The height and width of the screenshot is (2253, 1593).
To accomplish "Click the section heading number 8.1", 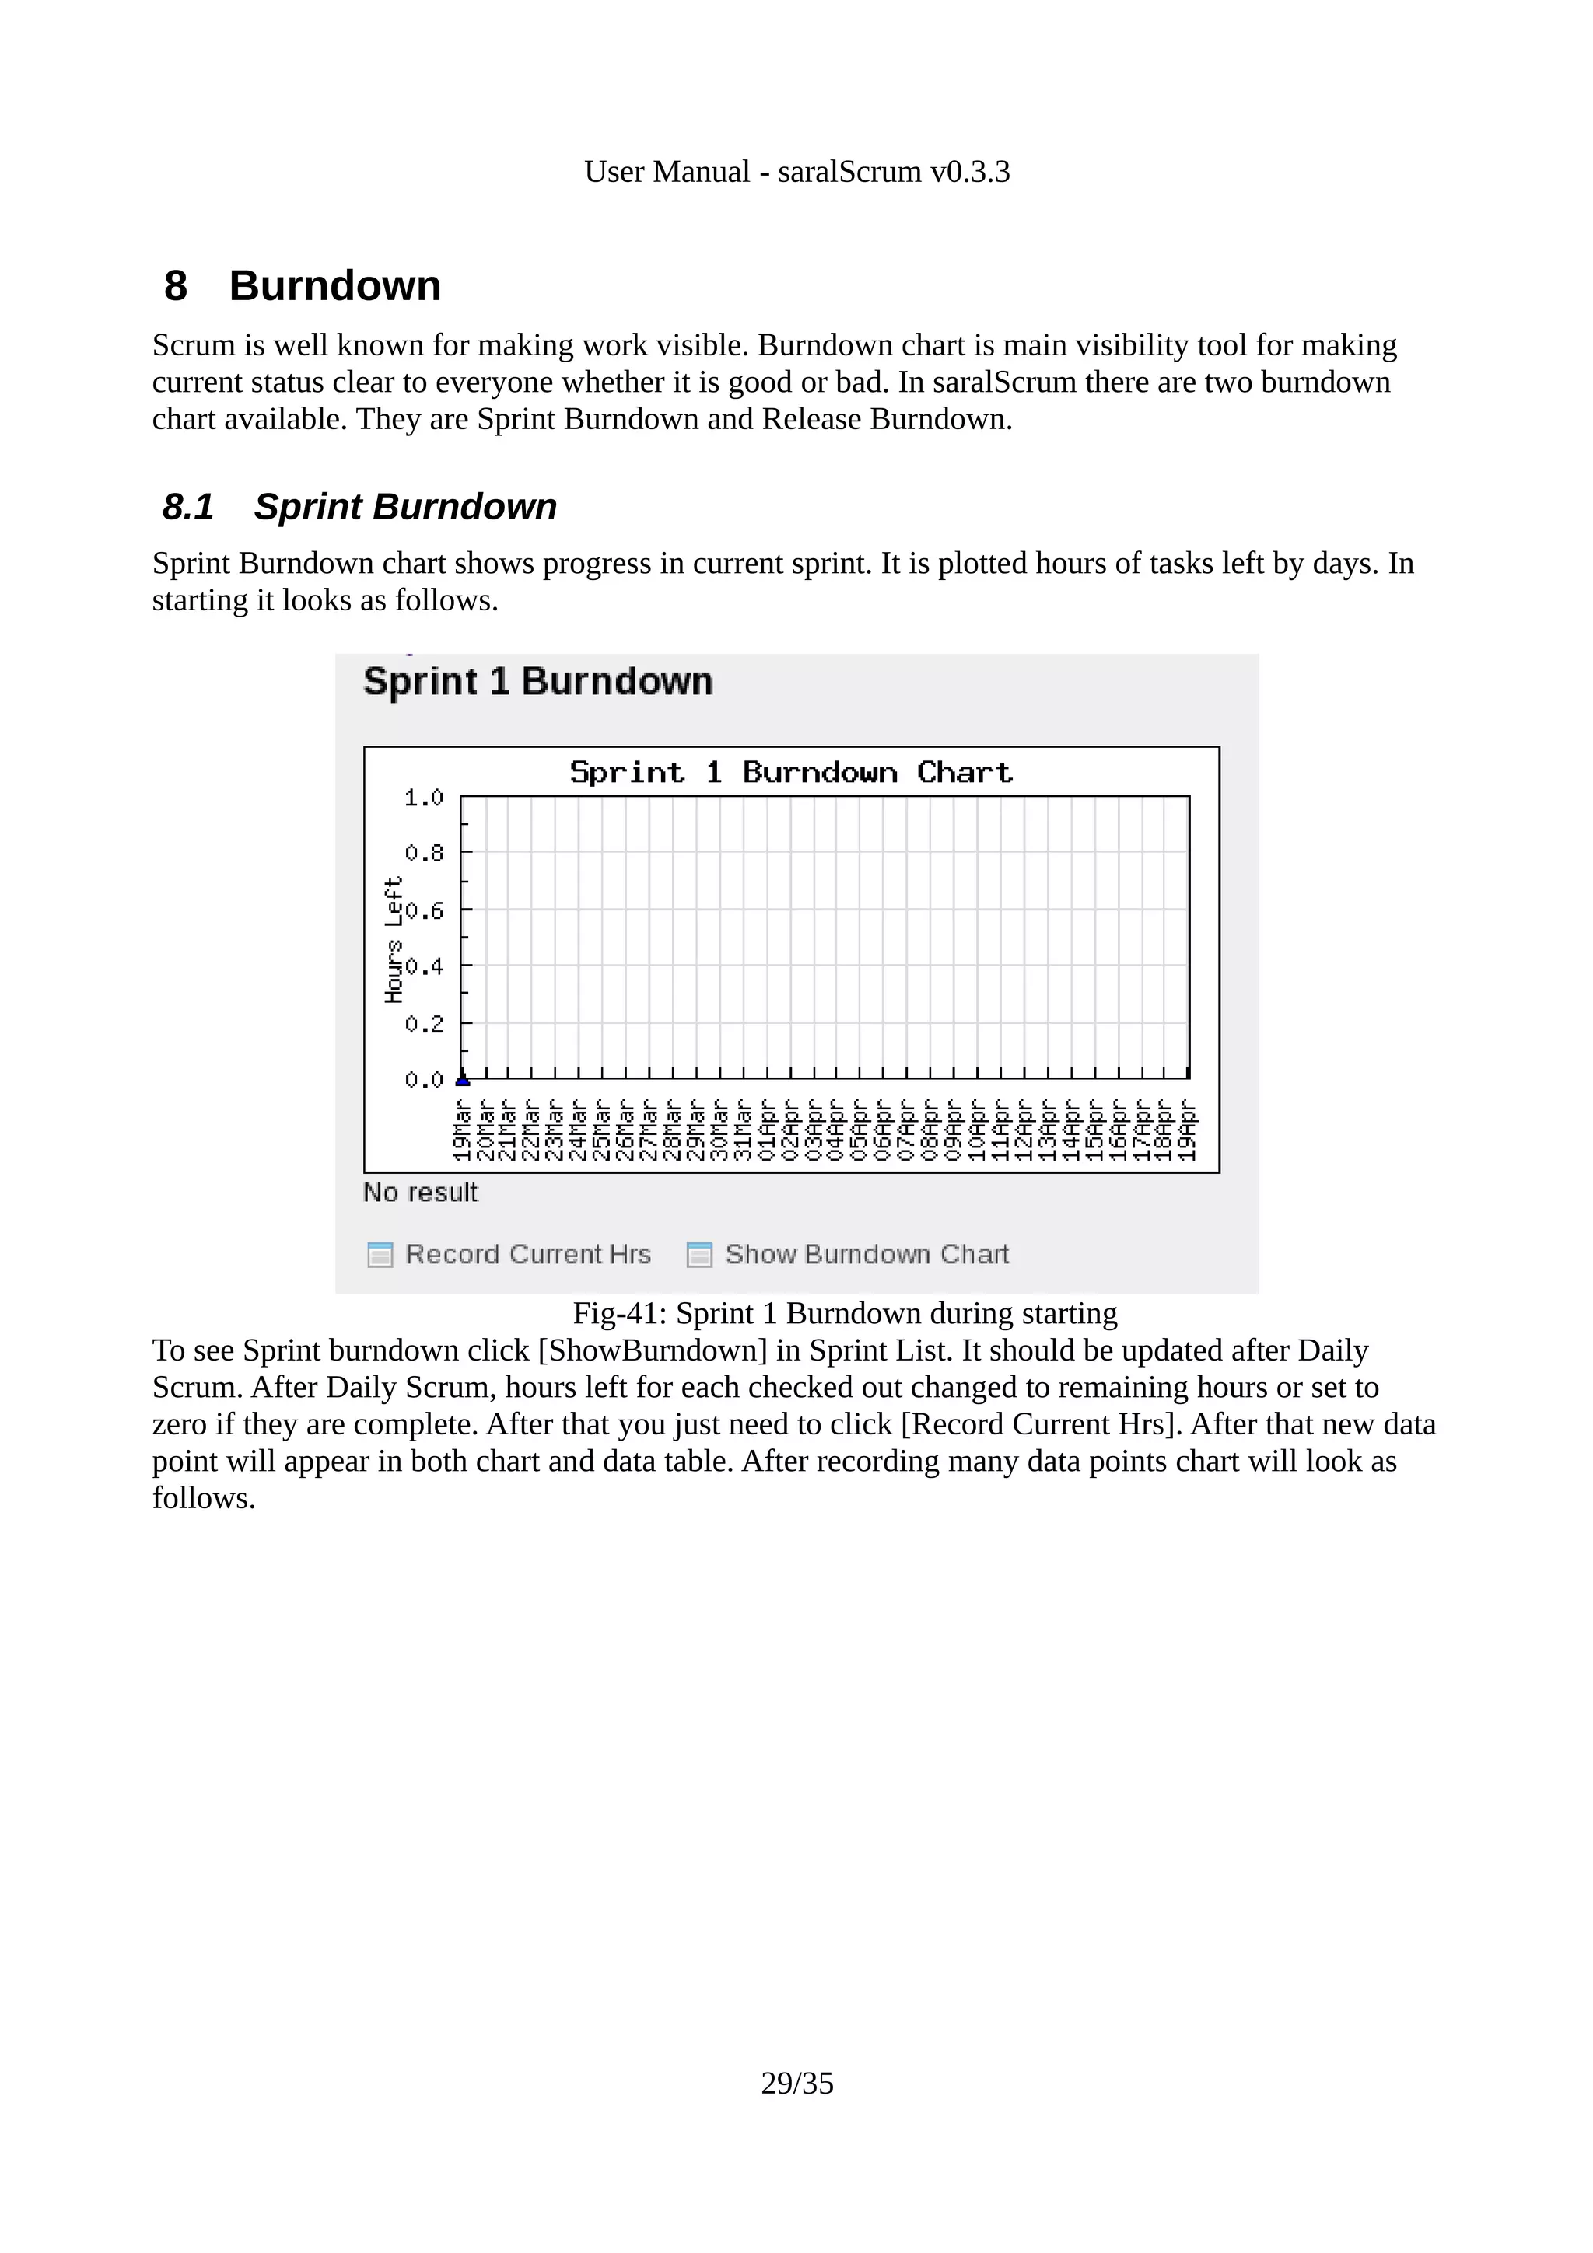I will (187, 508).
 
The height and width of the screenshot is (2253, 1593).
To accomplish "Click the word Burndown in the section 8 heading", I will (334, 285).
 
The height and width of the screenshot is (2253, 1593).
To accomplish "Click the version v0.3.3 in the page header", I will (970, 172).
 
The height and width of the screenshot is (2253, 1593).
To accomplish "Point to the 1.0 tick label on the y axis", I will (423, 798).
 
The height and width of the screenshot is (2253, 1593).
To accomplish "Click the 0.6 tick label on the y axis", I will (423, 910).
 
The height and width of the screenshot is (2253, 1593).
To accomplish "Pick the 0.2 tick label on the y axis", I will (423, 1023).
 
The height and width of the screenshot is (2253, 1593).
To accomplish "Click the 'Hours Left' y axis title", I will (394, 939).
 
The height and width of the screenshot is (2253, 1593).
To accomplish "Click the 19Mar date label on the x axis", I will (462, 1130).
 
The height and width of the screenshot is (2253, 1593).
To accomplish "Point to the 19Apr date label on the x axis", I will (1188, 1130).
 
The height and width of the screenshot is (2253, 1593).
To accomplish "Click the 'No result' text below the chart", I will (420, 1193).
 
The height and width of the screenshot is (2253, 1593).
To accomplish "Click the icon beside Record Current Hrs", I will (380, 1254).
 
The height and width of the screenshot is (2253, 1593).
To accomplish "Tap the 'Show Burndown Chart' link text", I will (867, 1254).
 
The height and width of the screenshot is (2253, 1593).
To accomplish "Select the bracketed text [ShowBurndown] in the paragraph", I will (653, 1350).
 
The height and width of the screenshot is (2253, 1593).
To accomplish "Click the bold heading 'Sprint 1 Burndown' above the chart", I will (537, 681).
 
